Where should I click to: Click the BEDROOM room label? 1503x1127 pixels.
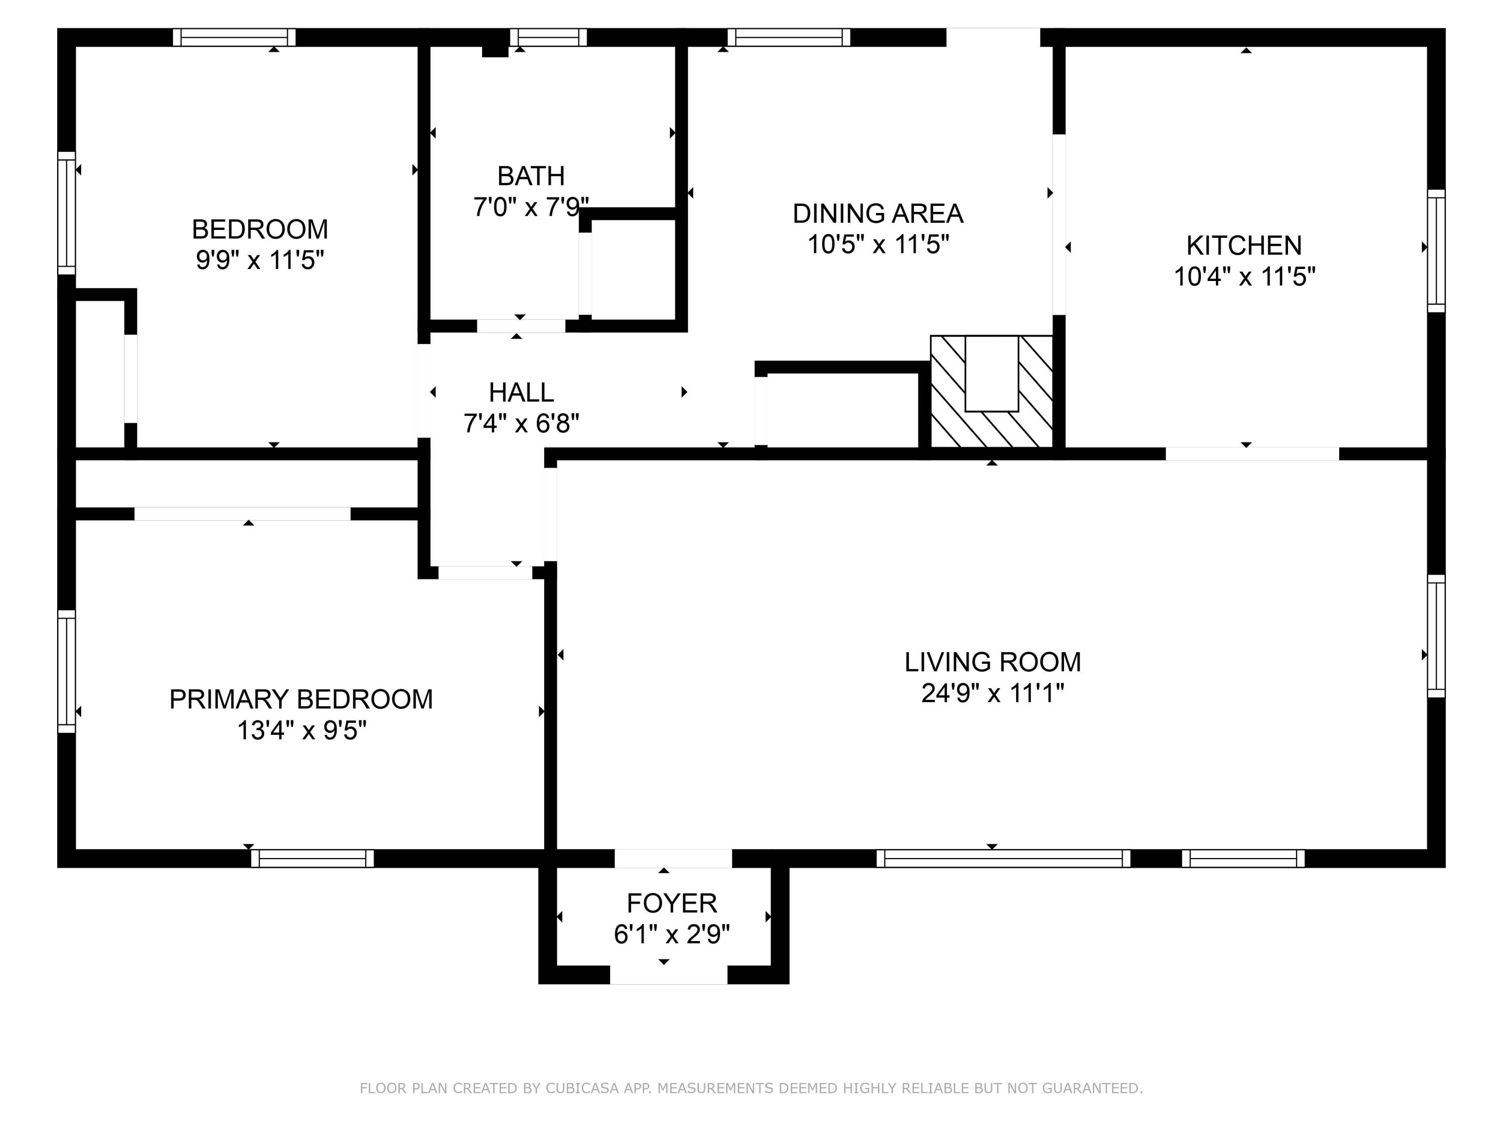[260, 229]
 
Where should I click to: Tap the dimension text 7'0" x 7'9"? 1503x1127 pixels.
[531, 206]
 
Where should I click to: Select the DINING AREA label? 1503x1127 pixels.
[877, 213]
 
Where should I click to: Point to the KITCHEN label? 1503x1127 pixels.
[1243, 245]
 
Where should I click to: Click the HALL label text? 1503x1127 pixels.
[521, 392]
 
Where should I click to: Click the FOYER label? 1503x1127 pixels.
[671, 903]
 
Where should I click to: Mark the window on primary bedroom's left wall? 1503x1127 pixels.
[67, 671]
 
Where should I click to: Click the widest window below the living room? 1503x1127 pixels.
[1003, 858]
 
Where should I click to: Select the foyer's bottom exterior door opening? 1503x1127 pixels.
[669, 975]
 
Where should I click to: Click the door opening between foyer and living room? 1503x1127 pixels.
[673, 858]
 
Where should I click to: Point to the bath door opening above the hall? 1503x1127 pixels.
[521, 326]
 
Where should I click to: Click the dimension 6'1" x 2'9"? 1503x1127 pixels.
[671, 935]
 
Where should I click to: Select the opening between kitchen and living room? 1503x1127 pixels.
[1251, 453]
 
